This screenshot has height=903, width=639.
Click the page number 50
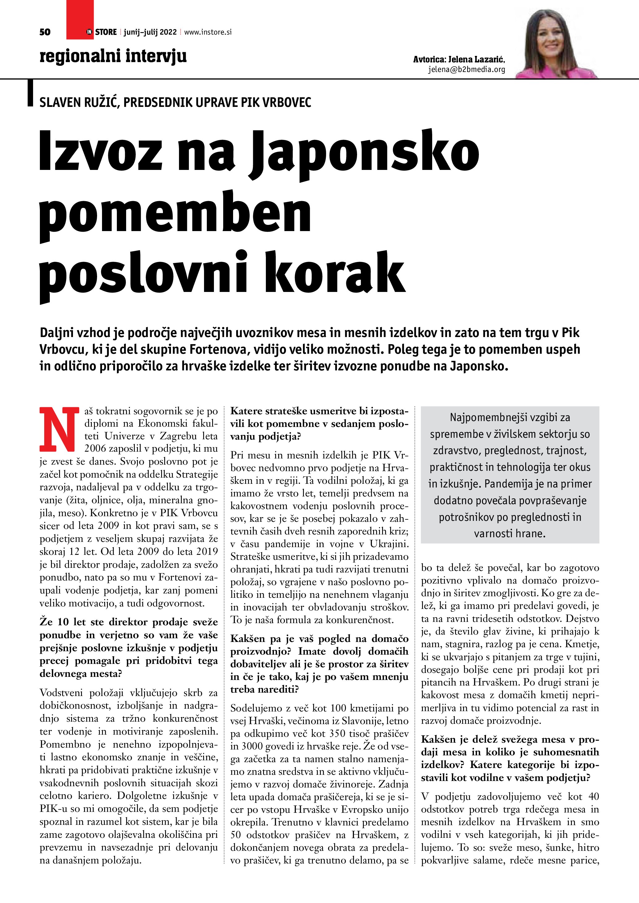click(x=45, y=32)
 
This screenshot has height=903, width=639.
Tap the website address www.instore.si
click(x=208, y=32)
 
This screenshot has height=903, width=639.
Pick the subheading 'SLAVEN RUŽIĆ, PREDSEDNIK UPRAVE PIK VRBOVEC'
click(x=175, y=102)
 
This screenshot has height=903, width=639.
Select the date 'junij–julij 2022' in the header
click(x=150, y=32)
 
